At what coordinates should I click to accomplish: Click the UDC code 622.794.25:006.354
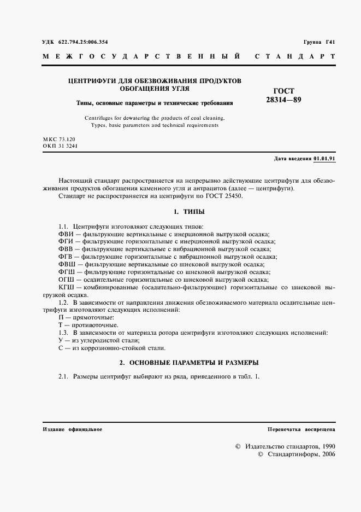point(84,42)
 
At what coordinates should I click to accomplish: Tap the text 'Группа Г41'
point(319,42)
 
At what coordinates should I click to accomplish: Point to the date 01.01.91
point(324,159)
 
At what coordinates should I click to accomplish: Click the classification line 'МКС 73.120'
point(59,141)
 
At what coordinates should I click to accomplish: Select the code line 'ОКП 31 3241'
point(61,147)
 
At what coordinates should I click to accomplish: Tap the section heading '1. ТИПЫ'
point(189,211)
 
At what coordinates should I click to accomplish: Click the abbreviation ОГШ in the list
point(66,279)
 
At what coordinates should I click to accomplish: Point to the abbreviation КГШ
point(66,287)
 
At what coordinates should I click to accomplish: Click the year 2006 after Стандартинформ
point(328,454)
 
